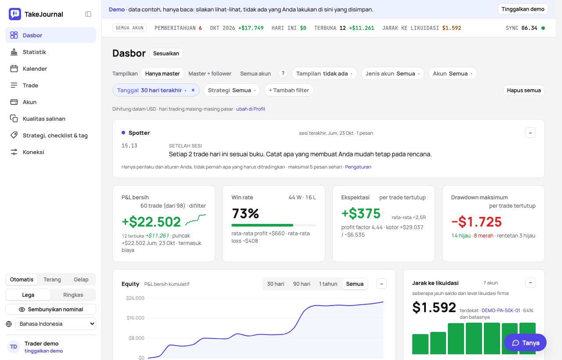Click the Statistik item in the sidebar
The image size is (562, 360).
[34, 52]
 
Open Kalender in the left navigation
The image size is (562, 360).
[35, 68]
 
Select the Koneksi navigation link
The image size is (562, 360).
[33, 152]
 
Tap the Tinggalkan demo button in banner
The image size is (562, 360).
[523, 9]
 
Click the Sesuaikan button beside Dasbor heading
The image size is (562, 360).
[166, 54]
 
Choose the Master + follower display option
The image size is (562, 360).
[210, 73]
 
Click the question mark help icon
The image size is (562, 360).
[283, 73]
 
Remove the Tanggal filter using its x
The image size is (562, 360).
[193, 90]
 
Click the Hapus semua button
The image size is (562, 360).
[524, 90]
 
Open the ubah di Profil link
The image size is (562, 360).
[251, 109]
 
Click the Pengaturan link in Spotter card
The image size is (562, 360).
[358, 167]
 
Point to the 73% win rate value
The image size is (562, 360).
[245, 213]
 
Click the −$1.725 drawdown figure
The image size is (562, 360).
[476, 222]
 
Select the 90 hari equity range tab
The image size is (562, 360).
[302, 284]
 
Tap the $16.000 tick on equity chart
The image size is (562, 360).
[136, 318]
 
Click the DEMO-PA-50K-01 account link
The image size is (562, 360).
[501, 310]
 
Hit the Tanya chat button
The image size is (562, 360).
[526, 343]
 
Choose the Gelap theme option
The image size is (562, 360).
[81, 280]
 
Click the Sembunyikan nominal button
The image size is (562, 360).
[50, 310]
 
